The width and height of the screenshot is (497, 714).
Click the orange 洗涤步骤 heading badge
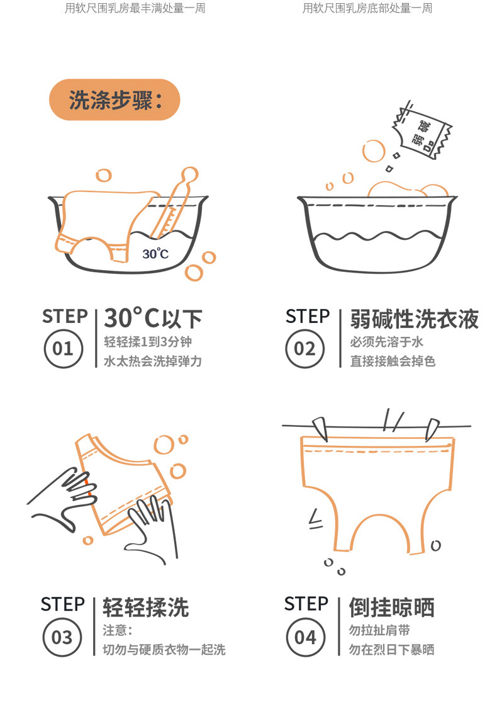click(114, 99)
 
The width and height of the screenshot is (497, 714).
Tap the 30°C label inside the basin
click(155, 254)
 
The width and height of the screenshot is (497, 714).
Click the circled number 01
click(62, 348)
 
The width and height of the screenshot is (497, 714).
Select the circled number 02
click(304, 348)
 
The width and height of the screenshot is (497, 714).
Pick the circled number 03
click(62, 637)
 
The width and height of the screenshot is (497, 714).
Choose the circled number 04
click(304, 637)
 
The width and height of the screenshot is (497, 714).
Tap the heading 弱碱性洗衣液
click(414, 319)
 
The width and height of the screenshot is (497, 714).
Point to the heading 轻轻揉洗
click(145, 608)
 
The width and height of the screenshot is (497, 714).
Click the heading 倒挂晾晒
click(391, 608)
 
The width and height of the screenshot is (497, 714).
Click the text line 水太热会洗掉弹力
click(152, 361)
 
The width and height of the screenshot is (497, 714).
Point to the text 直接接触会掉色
click(393, 361)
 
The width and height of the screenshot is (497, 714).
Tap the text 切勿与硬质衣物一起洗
click(164, 650)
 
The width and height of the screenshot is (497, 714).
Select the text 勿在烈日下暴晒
click(391, 650)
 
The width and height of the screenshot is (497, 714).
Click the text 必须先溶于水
click(386, 343)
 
